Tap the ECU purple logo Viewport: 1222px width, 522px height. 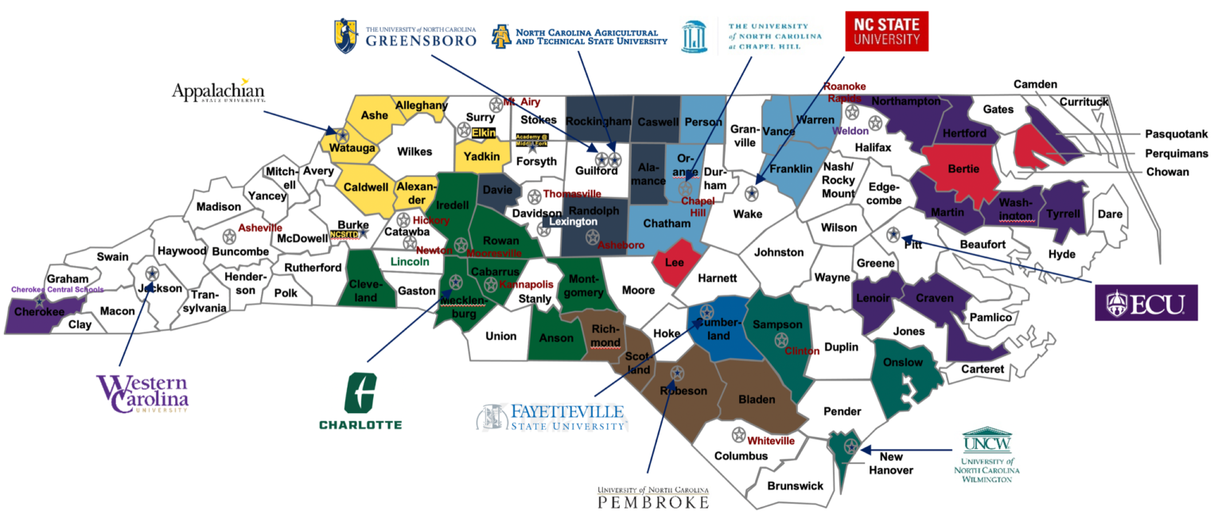pos(1146,302)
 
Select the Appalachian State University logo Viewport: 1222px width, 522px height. pos(218,91)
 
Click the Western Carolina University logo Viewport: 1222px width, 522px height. pos(143,394)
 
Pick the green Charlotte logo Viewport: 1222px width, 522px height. pos(360,400)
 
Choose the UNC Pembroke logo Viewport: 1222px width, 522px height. pos(652,497)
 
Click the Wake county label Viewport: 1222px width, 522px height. pos(748,214)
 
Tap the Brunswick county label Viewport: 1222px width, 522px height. pos(795,485)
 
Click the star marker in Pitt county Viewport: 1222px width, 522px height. pos(893,234)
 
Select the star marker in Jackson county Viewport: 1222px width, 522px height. pos(152,273)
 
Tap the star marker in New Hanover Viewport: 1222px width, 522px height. pos(850,446)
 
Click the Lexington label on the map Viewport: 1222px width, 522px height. pos(573,222)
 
